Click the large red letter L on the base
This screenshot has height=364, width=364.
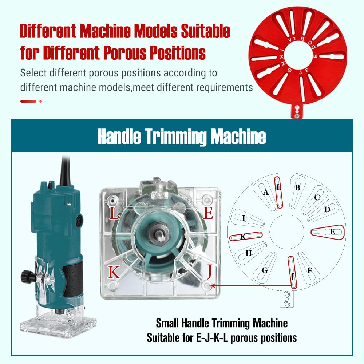click(x=114, y=213)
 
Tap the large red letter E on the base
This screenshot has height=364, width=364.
click(x=208, y=213)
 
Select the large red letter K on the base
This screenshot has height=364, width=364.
click(x=114, y=272)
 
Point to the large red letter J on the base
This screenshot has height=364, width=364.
click(x=210, y=272)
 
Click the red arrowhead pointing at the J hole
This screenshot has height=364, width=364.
click(x=213, y=286)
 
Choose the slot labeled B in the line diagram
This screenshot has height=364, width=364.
click(x=297, y=191)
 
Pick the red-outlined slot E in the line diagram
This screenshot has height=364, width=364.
click(x=328, y=232)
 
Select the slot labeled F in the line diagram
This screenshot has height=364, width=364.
click(x=308, y=266)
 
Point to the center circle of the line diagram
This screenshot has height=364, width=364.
click(x=287, y=232)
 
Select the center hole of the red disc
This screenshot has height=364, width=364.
click(x=298, y=56)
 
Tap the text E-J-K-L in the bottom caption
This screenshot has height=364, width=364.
click(x=212, y=338)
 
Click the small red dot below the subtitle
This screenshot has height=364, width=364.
click(x=41, y=101)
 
